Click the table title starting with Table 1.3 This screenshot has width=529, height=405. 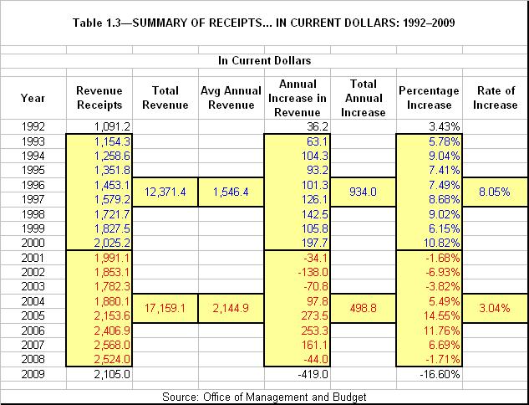(264, 20)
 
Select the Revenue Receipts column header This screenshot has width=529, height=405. (99, 97)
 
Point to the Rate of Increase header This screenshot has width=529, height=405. (495, 97)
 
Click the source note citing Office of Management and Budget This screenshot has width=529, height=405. (264, 396)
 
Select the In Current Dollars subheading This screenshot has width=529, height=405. (264, 60)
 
